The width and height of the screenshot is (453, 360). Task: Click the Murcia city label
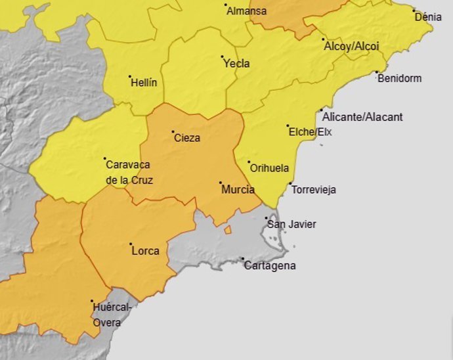coord(238,189)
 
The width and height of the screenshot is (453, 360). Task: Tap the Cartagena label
coord(269,266)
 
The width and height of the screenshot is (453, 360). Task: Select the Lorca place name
coord(145,251)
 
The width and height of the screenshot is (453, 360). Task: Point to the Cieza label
coord(187,138)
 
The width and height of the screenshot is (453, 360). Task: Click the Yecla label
coord(236,64)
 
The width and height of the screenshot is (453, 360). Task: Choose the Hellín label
coord(144,83)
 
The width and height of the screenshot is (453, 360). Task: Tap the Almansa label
coord(246,11)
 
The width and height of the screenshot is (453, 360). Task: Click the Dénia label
coord(428,17)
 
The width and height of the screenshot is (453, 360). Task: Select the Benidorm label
coord(399,78)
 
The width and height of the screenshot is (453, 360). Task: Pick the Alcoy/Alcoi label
coord(351,47)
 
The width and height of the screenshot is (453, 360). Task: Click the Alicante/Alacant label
coord(362,117)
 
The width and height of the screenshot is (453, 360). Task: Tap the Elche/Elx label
coord(310,132)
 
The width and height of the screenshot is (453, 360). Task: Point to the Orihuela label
coord(270,168)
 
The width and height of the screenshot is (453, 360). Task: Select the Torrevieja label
coord(313,190)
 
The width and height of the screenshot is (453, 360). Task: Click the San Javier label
coord(291,224)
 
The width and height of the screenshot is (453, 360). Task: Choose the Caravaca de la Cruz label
coord(129,172)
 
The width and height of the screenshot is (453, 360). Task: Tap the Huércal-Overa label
coord(112,314)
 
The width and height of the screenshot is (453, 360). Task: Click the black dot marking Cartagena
coord(242,259)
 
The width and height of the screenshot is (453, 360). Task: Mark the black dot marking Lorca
coord(131,244)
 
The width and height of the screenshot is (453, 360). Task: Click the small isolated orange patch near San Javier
coord(228,230)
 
